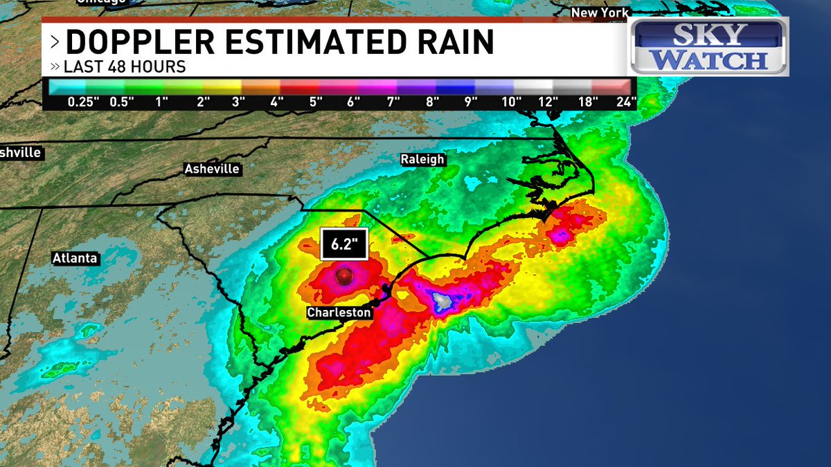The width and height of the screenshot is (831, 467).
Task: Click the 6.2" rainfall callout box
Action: (x=343, y=244)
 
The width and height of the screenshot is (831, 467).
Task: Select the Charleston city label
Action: (x=339, y=313)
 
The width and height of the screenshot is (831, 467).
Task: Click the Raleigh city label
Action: (x=422, y=159)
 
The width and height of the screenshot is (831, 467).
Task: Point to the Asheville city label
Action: (x=212, y=169)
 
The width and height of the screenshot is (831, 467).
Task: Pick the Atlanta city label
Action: (x=75, y=258)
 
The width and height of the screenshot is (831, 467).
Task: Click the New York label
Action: (x=600, y=12)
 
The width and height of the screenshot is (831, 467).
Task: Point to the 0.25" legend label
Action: (x=83, y=102)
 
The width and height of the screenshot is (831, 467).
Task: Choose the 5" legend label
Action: (x=316, y=102)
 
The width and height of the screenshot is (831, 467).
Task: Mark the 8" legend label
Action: (x=433, y=102)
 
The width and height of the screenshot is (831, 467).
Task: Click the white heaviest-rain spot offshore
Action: (x=443, y=300)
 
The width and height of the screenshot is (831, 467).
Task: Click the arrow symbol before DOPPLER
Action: (x=55, y=43)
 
